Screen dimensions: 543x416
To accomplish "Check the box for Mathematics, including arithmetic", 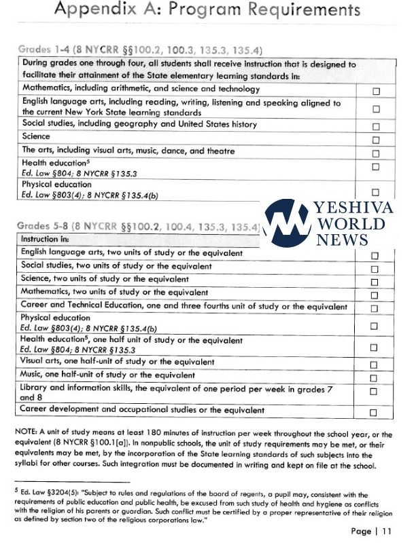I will pos(375,90).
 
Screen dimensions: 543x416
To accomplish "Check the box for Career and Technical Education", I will pos(373,309).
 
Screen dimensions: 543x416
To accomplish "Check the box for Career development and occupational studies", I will pos(373,413).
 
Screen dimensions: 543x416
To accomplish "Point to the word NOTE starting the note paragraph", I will pos(28,432).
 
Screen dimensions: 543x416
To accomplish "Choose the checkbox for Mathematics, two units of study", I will pos(373,295).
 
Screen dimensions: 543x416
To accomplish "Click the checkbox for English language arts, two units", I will pos(373,256).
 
